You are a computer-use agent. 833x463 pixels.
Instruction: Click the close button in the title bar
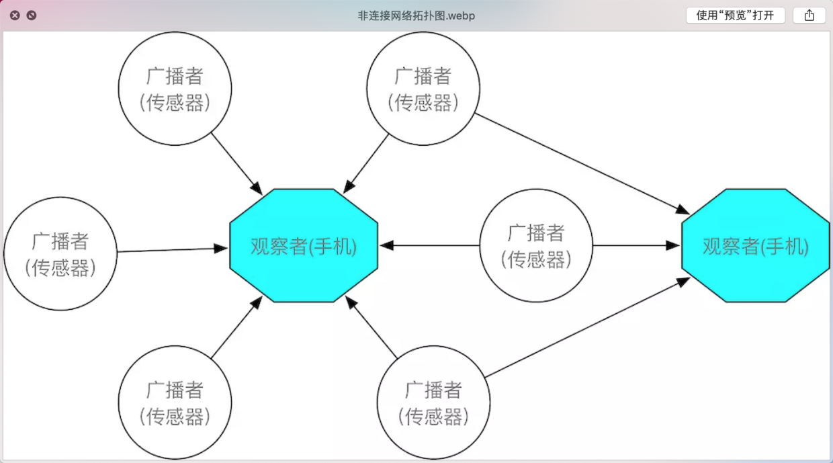coord(15,15)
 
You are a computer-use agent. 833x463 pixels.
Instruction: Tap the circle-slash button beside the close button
coord(32,15)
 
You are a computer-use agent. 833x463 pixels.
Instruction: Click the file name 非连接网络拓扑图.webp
coord(416,15)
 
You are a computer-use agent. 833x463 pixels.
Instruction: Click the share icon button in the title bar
coord(809,15)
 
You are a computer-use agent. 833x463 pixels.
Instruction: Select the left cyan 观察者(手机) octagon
coord(304,246)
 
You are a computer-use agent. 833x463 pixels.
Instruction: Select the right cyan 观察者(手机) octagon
coord(756,246)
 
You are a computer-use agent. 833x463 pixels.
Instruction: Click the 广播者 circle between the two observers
coord(536,245)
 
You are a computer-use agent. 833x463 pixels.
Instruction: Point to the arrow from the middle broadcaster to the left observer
coord(430,245)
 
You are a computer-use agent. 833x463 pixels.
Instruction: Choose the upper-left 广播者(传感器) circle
coord(175,88)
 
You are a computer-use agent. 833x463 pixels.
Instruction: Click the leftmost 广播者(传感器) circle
coord(60,253)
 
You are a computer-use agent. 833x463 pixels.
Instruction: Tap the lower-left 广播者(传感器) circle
coord(175,403)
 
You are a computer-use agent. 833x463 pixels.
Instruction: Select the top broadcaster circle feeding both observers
coord(423,88)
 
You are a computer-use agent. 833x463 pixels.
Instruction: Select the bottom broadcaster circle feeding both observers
coord(433,403)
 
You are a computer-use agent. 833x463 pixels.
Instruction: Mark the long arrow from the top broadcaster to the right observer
coord(582,164)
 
